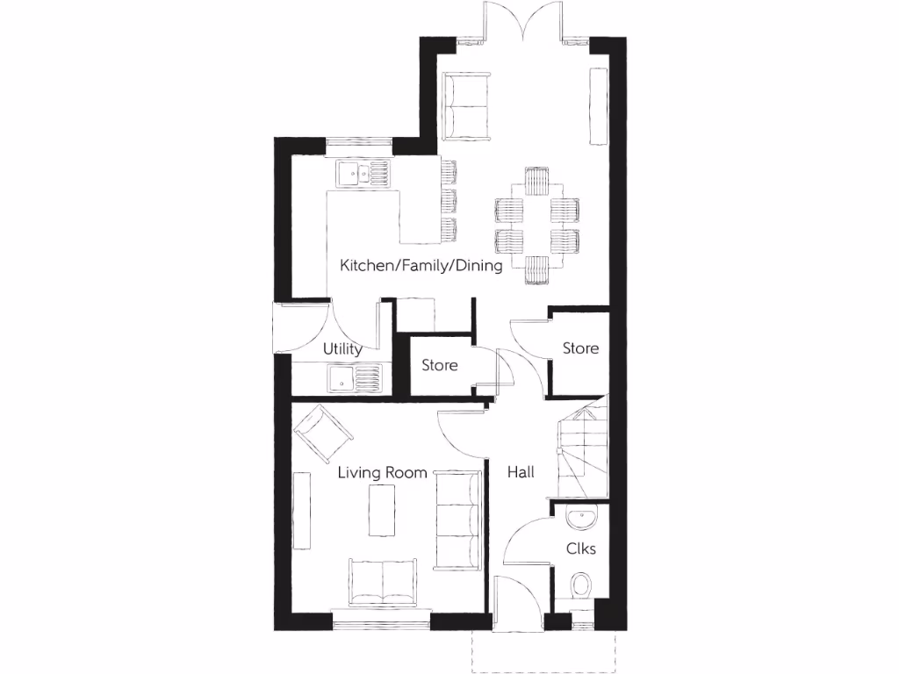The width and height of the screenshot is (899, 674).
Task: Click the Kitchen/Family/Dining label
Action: (x=421, y=265)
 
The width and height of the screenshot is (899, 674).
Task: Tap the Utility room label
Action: (x=342, y=349)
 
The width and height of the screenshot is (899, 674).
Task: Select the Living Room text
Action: (x=383, y=473)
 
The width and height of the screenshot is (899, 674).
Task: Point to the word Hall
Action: (x=521, y=473)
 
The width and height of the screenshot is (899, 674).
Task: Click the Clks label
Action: (x=581, y=549)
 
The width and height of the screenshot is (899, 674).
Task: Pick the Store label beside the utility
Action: (x=439, y=365)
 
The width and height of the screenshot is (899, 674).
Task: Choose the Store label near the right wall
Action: (x=580, y=348)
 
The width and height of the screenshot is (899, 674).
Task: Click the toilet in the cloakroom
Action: (x=581, y=585)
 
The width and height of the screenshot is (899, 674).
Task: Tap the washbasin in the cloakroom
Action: (x=581, y=518)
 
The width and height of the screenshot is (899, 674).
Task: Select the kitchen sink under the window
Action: (x=361, y=175)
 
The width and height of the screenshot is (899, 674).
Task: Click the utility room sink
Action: (x=355, y=379)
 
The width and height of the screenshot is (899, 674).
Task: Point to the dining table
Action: (x=537, y=226)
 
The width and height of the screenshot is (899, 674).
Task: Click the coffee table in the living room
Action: (x=383, y=512)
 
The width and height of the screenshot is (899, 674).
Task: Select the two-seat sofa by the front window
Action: (x=385, y=582)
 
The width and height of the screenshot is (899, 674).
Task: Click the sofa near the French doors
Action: (x=466, y=106)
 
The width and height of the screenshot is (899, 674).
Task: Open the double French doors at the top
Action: (x=525, y=22)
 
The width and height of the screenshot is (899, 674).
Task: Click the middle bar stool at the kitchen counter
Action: (x=449, y=199)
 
